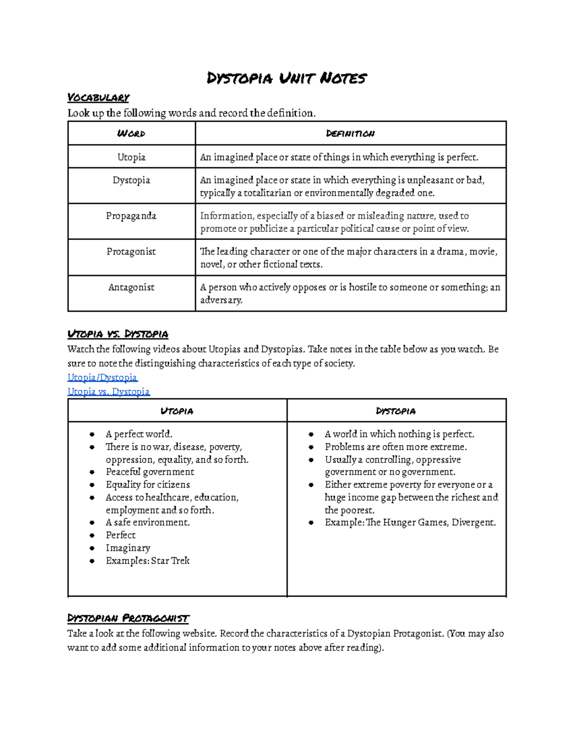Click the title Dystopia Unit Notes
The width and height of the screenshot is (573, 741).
286,78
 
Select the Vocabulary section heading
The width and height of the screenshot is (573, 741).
98,98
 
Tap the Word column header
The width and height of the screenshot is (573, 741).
131,134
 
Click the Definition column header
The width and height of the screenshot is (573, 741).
350,134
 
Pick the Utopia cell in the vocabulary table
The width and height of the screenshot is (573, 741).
131,157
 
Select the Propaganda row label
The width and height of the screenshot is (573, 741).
131,216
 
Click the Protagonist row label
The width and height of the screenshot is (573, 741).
131,251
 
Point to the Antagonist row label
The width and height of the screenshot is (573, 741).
131,287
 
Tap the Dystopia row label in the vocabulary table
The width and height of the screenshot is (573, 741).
131,180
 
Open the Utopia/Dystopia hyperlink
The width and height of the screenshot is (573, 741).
102,377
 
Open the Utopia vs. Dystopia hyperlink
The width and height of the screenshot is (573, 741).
108,392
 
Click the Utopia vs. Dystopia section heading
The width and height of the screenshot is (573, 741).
118,334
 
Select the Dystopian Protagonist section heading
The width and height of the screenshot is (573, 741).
128,618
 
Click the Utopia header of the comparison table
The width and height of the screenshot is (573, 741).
177,411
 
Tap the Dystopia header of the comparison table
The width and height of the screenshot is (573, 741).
396,411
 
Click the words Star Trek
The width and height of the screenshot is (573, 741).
170,561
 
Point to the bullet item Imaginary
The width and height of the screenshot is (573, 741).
128,548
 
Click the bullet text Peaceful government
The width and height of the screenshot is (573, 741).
150,472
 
